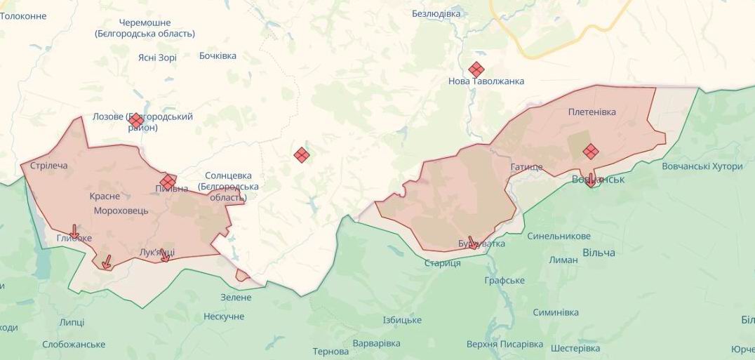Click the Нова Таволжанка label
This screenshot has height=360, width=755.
coord(486,81)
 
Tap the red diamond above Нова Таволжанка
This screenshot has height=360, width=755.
coord(476,69)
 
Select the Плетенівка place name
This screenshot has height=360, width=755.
coord(592,112)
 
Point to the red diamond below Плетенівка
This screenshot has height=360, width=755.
coord(591,151)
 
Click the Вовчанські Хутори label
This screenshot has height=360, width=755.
coord(702,166)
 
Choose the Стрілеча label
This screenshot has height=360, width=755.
coord(49,166)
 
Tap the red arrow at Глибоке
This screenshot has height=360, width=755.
coord(74,232)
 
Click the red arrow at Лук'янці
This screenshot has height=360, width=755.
coord(165,255)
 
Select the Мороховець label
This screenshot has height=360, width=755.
coord(121,211)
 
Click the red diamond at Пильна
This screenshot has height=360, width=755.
coord(168,182)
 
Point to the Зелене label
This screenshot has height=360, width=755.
coord(236,297)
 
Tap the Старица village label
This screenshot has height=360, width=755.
coord(442,263)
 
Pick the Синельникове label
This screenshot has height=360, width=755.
coord(559,236)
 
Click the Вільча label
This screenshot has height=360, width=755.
coord(599,253)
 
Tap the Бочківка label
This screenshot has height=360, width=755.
coord(218,55)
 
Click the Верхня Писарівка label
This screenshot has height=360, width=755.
coord(505,344)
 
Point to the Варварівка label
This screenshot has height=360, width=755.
coord(376,343)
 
